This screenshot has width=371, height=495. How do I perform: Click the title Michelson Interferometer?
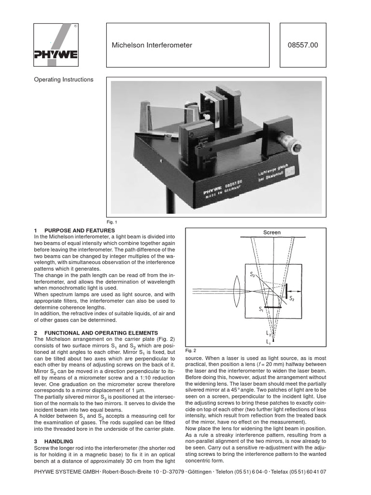[152, 45]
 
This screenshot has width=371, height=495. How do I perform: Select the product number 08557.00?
[303, 45]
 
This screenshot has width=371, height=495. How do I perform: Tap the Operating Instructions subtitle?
[63, 80]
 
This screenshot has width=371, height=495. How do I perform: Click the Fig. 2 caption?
[191, 350]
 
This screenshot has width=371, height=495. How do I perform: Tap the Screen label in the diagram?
[271, 233]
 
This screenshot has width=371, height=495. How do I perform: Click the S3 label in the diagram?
[252, 275]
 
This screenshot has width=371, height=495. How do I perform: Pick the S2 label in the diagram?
[292, 299]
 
